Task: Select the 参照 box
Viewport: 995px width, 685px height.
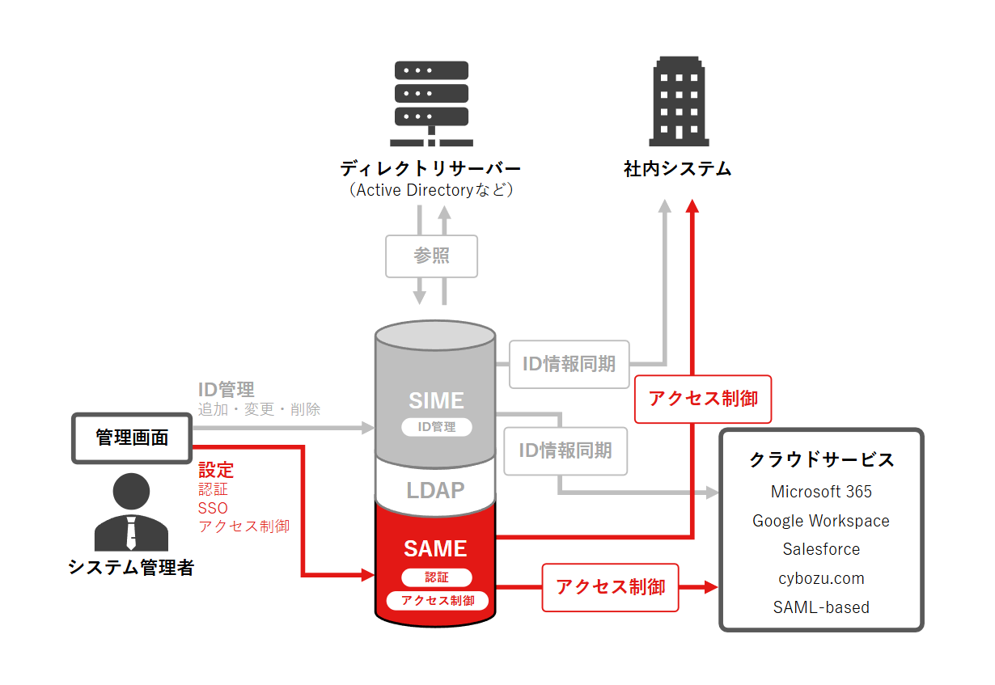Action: pyautogui.click(x=432, y=256)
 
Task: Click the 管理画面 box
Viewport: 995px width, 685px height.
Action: pyautogui.click(x=132, y=438)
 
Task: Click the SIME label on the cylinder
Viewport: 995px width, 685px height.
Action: pyautogui.click(x=436, y=400)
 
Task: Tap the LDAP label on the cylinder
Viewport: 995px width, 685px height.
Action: pyautogui.click(x=435, y=490)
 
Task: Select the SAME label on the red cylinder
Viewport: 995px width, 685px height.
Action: pyautogui.click(x=435, y=548)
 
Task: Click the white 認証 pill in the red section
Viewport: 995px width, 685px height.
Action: pyautogui.click(x=436, y=577)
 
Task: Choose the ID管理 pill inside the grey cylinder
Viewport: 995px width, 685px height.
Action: pyautogui.click(x=436, y=427)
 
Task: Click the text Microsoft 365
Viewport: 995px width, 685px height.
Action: pyautogui.click(x=821, y=492)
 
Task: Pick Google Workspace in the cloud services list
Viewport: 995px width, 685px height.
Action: pyautogui.click(x=821, y=521)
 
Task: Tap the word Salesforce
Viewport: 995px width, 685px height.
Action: pyautogui.click(x=821, y=549)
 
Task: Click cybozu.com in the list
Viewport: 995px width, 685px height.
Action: pyautogui.click(x=821, y=578)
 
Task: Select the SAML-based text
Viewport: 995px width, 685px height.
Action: pyautogui.click(x=821, y=607)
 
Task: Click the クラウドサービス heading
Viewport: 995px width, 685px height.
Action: pyautogui.click(x=821, y=459)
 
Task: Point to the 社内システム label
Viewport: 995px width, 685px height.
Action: pyautogui.click(x=678, y=169)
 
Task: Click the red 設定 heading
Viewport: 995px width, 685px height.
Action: pyautogui.click(x=216, y=470)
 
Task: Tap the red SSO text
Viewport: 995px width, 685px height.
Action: pyautogui.click(x=213, y=508)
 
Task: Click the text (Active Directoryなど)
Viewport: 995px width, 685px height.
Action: pyautogui.click(x=431, y=191)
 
